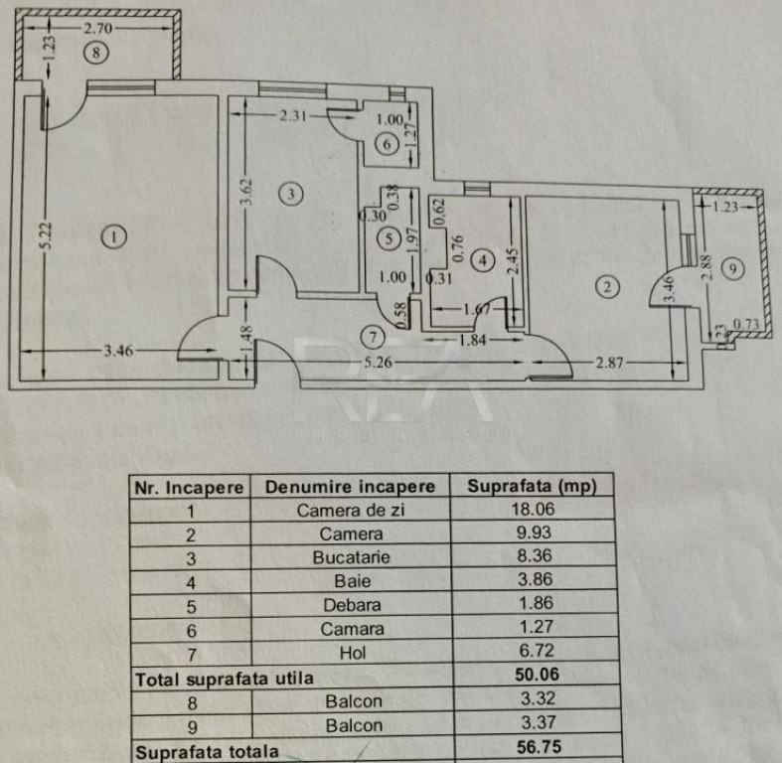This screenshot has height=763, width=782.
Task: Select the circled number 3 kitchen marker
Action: (289, 194)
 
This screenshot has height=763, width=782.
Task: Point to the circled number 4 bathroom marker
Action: (483, 261)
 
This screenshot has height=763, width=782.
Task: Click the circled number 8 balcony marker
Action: (95, 54)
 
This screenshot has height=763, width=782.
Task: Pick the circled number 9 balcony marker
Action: (732, 267)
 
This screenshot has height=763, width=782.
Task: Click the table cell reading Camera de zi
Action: (352, 511)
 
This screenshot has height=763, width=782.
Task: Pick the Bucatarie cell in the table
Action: (352, 557)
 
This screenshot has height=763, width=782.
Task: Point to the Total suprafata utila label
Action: (225, 679)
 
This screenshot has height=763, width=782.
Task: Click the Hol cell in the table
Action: (352, 653)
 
